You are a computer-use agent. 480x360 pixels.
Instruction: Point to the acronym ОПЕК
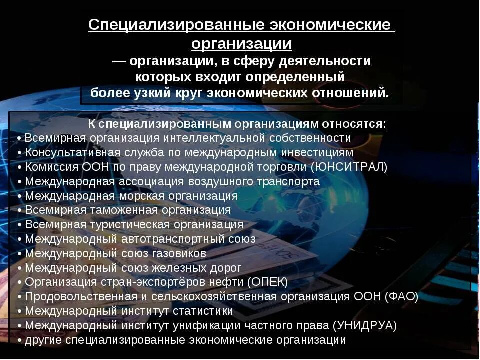[268, 282]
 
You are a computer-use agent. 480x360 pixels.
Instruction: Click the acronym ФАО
[402, 297]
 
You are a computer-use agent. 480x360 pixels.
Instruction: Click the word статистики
[203, 311]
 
